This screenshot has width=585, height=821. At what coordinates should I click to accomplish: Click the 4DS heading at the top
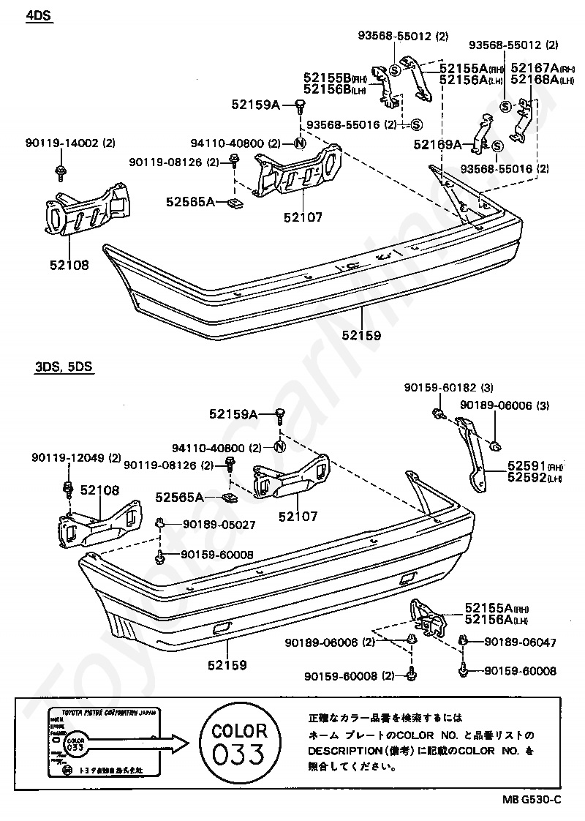coord(39,15)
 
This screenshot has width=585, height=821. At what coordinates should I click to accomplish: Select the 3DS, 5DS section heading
coord(64,369)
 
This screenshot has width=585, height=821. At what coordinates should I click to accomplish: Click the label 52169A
coord(436,145)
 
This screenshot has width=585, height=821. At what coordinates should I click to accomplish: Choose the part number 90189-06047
coord(519,642)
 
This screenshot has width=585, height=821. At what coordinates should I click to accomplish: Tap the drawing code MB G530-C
coord(531,799)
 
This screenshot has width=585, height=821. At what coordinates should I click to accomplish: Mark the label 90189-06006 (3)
coord(504,405)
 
